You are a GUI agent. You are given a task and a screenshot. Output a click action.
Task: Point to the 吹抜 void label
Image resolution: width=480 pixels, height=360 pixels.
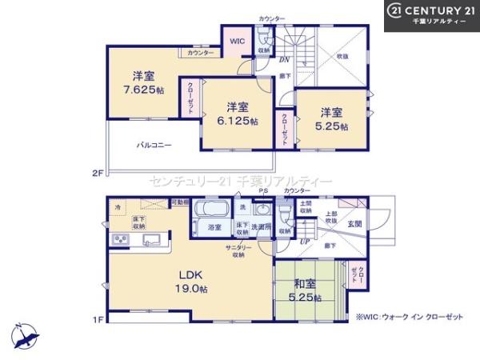tap(342, 57)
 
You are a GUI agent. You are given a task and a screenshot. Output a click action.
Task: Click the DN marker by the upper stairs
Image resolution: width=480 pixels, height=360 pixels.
tap(284, 58)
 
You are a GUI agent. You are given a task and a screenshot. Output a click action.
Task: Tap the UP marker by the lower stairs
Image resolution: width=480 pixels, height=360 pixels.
tap(305, 242)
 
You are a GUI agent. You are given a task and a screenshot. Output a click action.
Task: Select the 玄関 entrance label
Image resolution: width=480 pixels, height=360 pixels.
tap(354, 224)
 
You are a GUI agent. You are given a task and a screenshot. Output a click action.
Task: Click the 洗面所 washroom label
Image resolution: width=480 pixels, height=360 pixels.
tap(262, 228)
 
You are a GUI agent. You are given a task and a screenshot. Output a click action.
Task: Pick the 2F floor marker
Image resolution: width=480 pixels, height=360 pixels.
tap(98, 172)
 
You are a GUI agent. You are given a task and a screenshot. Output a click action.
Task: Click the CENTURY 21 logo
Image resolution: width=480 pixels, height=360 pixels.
tap(432, 15)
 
